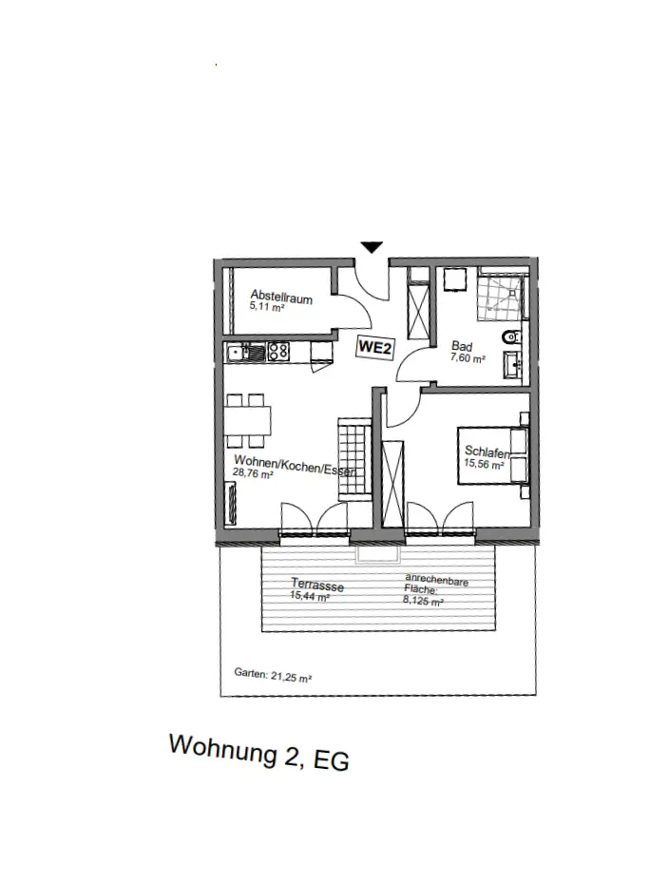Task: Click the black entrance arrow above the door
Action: click(x=372, y=247)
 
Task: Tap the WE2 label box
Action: click(x=374, y=349)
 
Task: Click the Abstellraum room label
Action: click(x=275, y=296)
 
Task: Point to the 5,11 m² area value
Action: click(x=267, y=307)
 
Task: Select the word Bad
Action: click(x=461, y=348)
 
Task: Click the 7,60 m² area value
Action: click(x=468, y=359)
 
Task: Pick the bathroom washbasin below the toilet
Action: click(x=514, y=363)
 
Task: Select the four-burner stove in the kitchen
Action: click(x=277, y=352)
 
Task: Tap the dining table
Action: click(x=248, y=418)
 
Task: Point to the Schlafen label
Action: click(x=487, y=452)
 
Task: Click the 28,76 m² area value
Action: click(x=253, y=474)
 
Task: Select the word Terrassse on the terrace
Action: click(x=316, y=586)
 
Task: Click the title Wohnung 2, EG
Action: click(x=259, y=753)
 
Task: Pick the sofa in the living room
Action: click(x=232, y=501)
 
